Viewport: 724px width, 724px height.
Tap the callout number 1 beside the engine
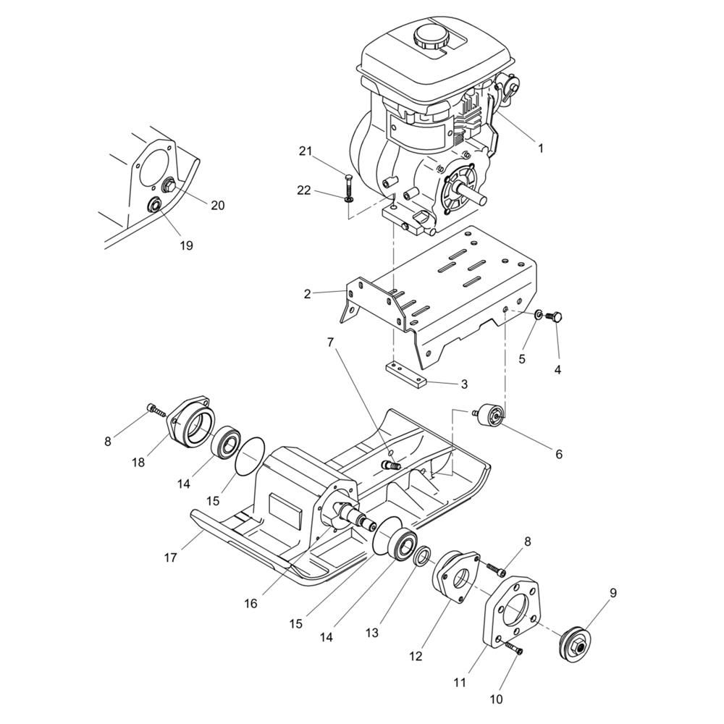540,148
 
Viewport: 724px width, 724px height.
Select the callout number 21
306,151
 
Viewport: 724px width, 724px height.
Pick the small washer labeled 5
539,315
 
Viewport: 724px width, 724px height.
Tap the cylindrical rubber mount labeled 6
489,413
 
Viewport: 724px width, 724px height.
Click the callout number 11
460,681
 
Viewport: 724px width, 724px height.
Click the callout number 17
170,557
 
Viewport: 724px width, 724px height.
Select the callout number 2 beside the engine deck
307,294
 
